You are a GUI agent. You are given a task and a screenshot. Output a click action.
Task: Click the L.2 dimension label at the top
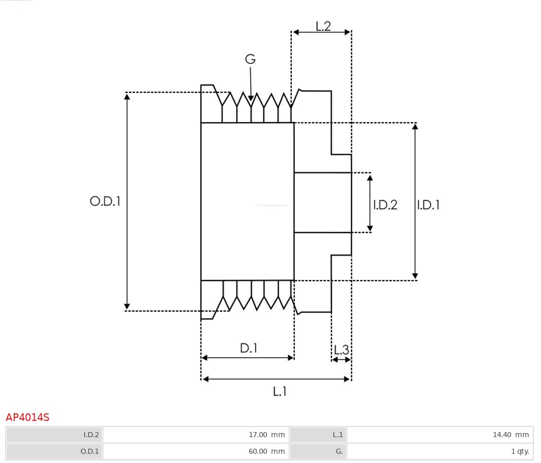click(x=323, y=26)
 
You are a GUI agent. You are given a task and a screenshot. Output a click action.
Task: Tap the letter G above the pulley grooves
click(x=251, y=59)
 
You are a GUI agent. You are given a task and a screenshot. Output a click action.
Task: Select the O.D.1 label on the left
click(x=105, y=201)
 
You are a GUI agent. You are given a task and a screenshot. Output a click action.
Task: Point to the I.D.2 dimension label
click(x=385, y=205)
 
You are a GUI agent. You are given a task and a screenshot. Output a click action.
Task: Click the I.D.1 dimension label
click(x=428, y=205)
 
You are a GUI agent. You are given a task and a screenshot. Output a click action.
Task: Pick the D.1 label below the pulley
click(x=249, y=348)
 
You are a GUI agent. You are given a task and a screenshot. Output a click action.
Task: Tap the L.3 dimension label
click(x=342, y=350)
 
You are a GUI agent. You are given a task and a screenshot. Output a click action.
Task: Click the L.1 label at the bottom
click(x=280, y=391)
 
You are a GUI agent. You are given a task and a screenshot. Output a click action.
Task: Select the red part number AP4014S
click(x=27, y=417)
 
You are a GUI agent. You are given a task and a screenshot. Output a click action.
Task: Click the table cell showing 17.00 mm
click(x=196, y=435)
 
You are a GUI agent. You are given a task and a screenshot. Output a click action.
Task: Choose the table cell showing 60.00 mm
click(x=196, y=451)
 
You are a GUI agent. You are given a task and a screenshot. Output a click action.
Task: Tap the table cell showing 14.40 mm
click(x=440, y=435)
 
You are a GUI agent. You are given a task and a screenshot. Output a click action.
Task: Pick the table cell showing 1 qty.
click(x=440, y=451)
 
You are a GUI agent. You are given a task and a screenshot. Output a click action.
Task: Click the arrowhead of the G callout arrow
click(x=251, y=98)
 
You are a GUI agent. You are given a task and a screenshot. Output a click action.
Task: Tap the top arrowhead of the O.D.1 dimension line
click(x=127, y=96)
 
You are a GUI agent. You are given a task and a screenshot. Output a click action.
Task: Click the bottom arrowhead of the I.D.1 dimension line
click(x=415, y=276)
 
